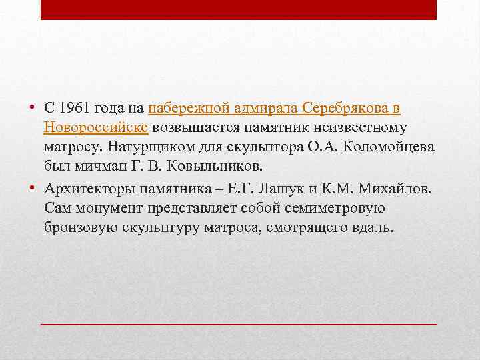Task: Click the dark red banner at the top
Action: [x=239, y=10]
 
